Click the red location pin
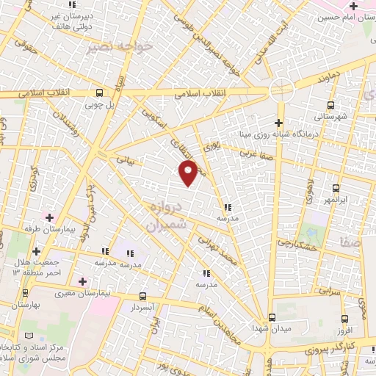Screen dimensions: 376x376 tap(189, 173)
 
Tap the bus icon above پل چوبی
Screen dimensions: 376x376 tap(99, 93)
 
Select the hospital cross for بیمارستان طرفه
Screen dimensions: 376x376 tap(50, 217)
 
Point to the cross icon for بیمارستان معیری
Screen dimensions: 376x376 tap(82, 281)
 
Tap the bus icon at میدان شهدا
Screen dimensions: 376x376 tap(272, 317)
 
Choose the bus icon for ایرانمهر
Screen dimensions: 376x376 tap(336, 188)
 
